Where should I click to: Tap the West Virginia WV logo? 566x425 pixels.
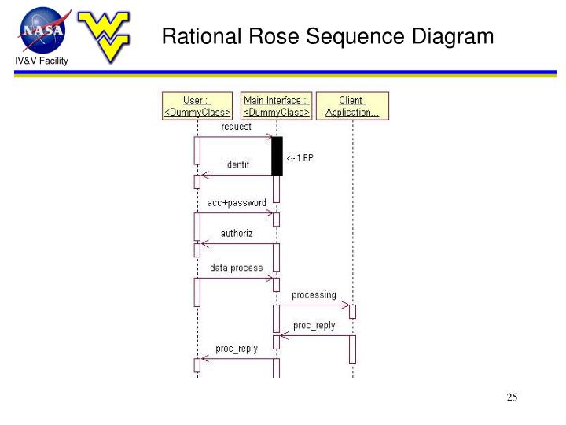point(108,35)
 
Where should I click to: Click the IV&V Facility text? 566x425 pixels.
point(39,61)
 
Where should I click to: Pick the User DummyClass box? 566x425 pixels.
point(197,106)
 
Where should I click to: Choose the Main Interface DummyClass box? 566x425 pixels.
point(276,106)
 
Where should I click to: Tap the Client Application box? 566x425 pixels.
point(351,106)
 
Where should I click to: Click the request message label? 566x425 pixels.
point(236,127)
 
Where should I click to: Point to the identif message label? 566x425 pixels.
point(237,164)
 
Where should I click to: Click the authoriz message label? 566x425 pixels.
point(237,234)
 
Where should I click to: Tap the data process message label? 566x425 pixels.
point(236,268)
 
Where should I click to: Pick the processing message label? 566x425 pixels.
point(314,295)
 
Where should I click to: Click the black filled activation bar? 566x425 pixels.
point(277,156)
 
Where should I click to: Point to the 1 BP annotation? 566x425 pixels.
point(300,157)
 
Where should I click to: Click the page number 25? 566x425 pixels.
point(512,397)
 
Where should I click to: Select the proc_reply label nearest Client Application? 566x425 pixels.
point(314,325)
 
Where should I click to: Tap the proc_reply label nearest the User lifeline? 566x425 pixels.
point(237,349)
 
